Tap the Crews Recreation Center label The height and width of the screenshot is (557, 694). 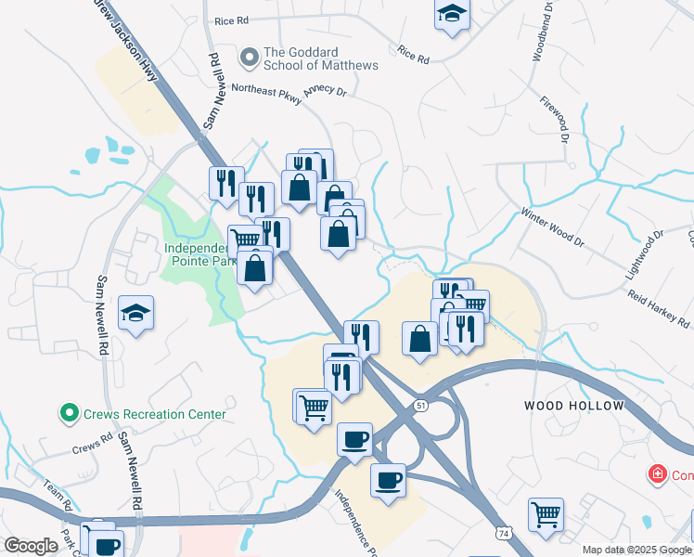(154, 414)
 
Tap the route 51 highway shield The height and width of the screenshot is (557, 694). (421, 406)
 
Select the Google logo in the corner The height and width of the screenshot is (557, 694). (31, 546)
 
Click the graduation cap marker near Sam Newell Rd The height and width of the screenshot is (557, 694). (136, 313)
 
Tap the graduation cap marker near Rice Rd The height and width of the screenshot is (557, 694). (451, 13)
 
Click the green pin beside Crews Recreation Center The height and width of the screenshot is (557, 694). (68, 413)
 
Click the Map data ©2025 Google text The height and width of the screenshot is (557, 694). (636, 550)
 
